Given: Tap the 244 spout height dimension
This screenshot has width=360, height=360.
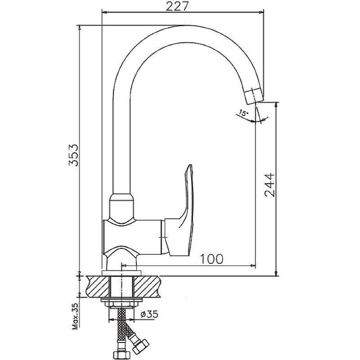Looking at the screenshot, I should (x=269, y=185).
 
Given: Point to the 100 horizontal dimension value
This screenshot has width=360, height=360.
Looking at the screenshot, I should (x=211, y=259).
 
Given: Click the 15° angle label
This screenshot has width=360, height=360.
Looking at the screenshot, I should (x=243, y=114).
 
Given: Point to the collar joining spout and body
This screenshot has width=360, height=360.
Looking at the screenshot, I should (x=123, y=205).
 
